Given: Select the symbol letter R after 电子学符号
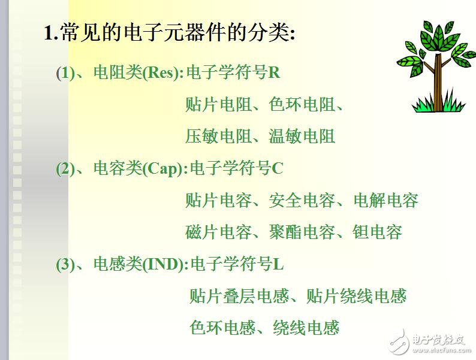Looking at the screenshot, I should pyautogui.click(x=274, y=74).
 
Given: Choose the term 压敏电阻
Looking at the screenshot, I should pyautogui.click(x=219, y=137).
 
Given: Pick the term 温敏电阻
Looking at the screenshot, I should pyautogui.click(x=302, y=137).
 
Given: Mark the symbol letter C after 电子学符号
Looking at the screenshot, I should pyautogui.click(x=277, y=169).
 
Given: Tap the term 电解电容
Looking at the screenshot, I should pyautogui.click(x=385, y=201).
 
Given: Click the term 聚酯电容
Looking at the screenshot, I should pyautogui.click(x=302, y=232).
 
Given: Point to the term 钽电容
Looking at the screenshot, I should pyautogui.click(x=377, y=232).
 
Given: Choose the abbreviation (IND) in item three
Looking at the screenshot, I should pyautogui.click(x=162, y=264).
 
